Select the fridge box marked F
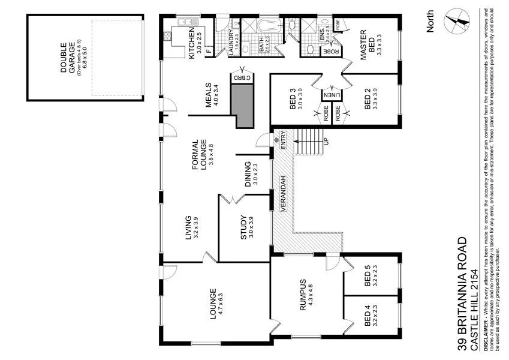[x=208, y=52]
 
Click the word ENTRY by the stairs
[x=284, y=141]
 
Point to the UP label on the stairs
[x=326, y=141]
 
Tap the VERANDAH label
[x=281, y=194]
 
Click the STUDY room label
[x=243, y=227]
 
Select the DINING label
[x=248, y=175]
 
